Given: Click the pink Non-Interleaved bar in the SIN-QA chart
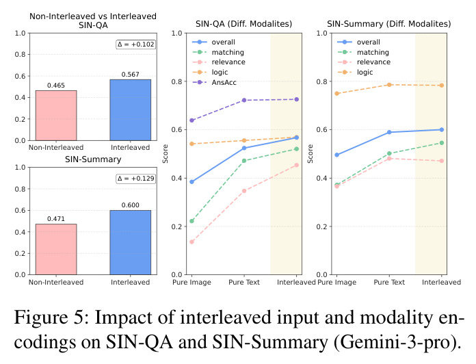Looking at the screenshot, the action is pyautogui.click(x=56, y=116).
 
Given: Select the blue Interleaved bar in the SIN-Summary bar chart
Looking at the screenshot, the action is pyautogui.click(x=130, y=242).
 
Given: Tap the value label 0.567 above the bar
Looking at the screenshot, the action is pyautogui.click(x=130, y=75).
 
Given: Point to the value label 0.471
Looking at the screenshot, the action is pyautogui.click(x=56, y=218).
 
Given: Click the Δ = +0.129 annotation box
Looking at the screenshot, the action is pyautogui.click(x=135, y=179).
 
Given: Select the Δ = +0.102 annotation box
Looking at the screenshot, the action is pyautogui.click(x=135, y=44).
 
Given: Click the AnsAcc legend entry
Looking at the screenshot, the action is pyautogui.click(x=214, y=82).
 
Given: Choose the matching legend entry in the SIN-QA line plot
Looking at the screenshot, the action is pyautogui.click(x=218, y=52).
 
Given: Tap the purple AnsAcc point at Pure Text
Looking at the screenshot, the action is pyautogui.click(x=244, y=100).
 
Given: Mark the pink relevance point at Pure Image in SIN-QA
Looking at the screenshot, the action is pyautogui.click(x=192, y=242).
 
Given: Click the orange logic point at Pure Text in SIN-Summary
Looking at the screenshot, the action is pyautogui.click(x=389, y=85).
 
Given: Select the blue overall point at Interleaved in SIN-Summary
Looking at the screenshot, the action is pyautogui.click(x=442, y=129).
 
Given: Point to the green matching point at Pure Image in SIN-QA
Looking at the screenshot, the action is pyautogui.click(x=192, y=221).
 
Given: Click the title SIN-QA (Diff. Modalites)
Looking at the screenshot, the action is pyautogui.click(x=243, y=24).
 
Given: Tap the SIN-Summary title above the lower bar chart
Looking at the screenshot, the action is pyautogui.click(x=93, y=159).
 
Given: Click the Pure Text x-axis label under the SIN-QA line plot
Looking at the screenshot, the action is pyautogui.click(x=244, y=283).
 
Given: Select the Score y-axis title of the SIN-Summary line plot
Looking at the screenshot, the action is pyautogui.click(x=310, y=154).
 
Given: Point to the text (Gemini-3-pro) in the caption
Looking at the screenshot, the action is pyautogui.click(x=397, y=342).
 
